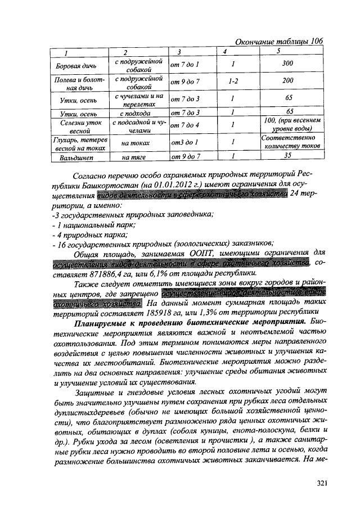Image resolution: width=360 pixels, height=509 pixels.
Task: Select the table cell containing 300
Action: (x=287, y=64)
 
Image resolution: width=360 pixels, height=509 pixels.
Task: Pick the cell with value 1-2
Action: (x=231, y=81)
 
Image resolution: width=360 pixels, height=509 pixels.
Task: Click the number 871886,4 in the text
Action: (x=110, y=274)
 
